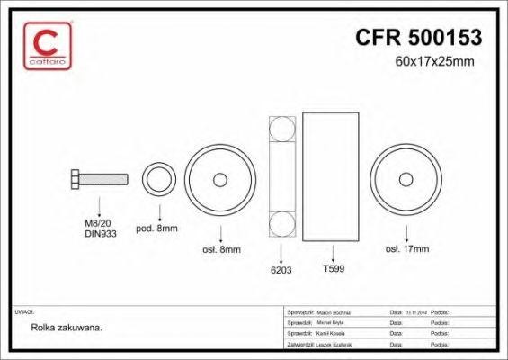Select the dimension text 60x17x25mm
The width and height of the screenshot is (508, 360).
[433, 62]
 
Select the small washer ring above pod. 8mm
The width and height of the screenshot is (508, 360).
[159, 179]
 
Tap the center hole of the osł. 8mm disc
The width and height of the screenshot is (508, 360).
[220, 179]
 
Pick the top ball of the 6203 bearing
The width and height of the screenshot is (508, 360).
[283, 130]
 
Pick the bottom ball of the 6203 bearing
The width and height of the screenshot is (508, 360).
[283, 224]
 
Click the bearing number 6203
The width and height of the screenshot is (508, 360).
[283, 267]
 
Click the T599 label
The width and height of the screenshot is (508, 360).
[334, 267]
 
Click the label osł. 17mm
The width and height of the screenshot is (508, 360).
[406, 248]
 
